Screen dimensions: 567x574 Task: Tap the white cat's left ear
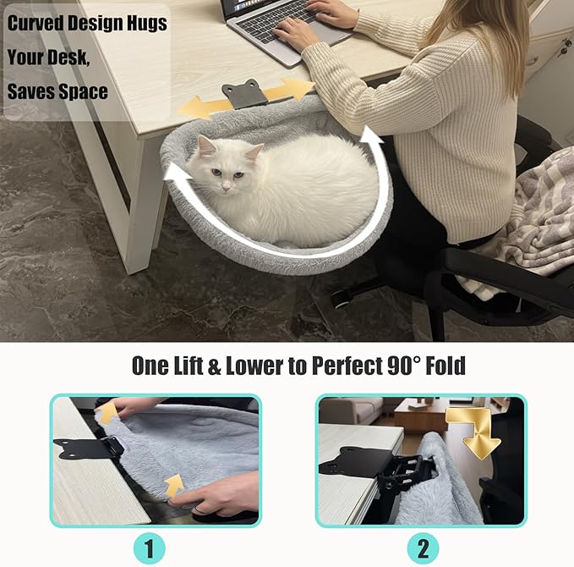coord(204,146)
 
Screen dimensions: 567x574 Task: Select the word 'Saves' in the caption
coord(31,91)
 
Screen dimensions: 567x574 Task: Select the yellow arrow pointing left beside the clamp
coord(199,106)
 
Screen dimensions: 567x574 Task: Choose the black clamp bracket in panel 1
coord(85,449)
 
